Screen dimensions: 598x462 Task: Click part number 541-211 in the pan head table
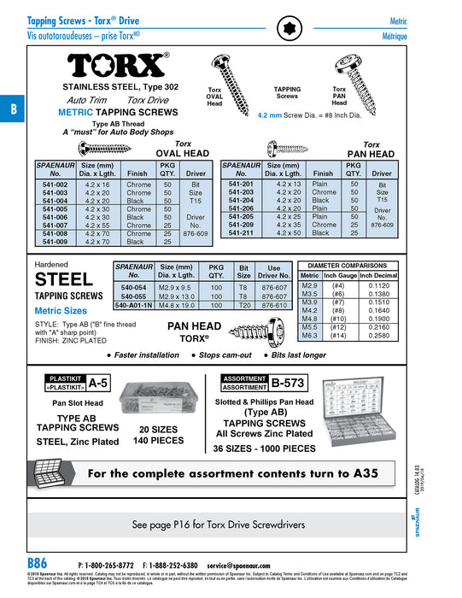pyautogui.click(x=241, y=232)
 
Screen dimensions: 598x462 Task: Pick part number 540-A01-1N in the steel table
pyautogui.click(x=134, y=304)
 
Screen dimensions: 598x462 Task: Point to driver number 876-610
pyautogui.click(x=274, y=304)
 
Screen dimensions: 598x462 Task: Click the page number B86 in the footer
pyautogui.click(x=37, y=563)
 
